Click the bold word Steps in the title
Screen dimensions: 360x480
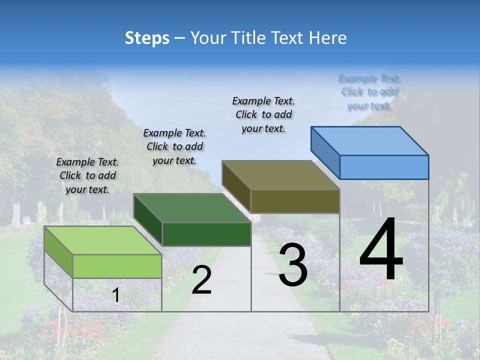pyautogui.click(x=147, y=38)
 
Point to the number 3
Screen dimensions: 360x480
pyautogui.click(x=293, y=265)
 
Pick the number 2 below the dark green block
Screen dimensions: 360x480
pyautogui.click(x=201, y=280)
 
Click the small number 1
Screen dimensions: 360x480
pyautogui.click(x=115, y=295)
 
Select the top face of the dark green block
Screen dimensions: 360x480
pyautogui.click(x=192, y=208)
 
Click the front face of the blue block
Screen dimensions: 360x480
pyautogui.click(x=384, y=167)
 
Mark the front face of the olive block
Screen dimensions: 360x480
pyautogui.click(x=295, y=201)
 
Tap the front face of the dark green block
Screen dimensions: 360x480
pyautogui.click(x=206, y=234)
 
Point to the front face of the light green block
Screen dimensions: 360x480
pyautogui.click(x=117, y=266)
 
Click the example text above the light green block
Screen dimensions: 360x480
pyautogui.click(x=87, y=175)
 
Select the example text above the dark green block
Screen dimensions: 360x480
pyautogui.click(x=174, y=146)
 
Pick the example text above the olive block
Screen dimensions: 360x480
pyautogui.click(x=263, y=114)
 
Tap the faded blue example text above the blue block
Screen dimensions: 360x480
pyautogui.click(x=369, y=92)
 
